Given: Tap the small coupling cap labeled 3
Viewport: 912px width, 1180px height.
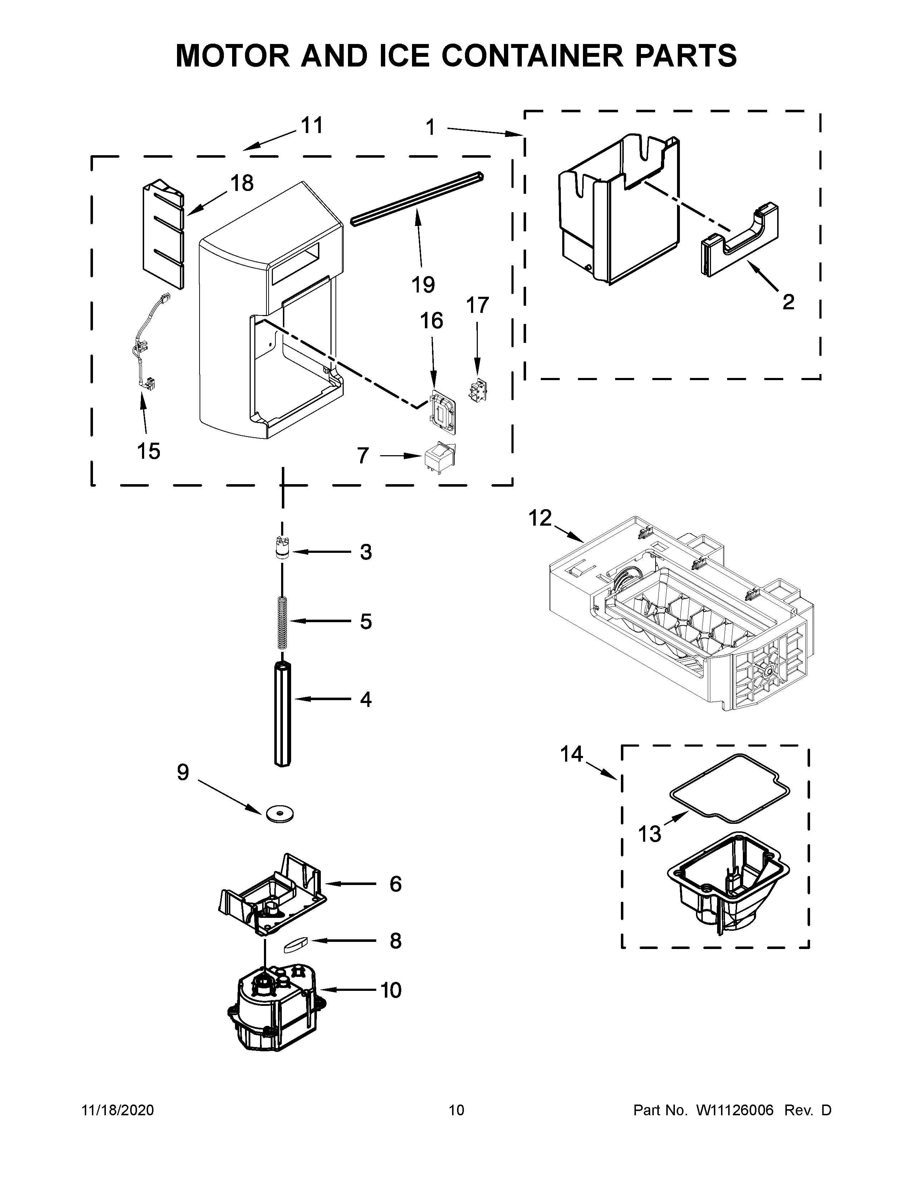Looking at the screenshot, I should pyautogui.click(x=280, y=550).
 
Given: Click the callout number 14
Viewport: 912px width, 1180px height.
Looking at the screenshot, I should pyautogui.click(x=572, y=754).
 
